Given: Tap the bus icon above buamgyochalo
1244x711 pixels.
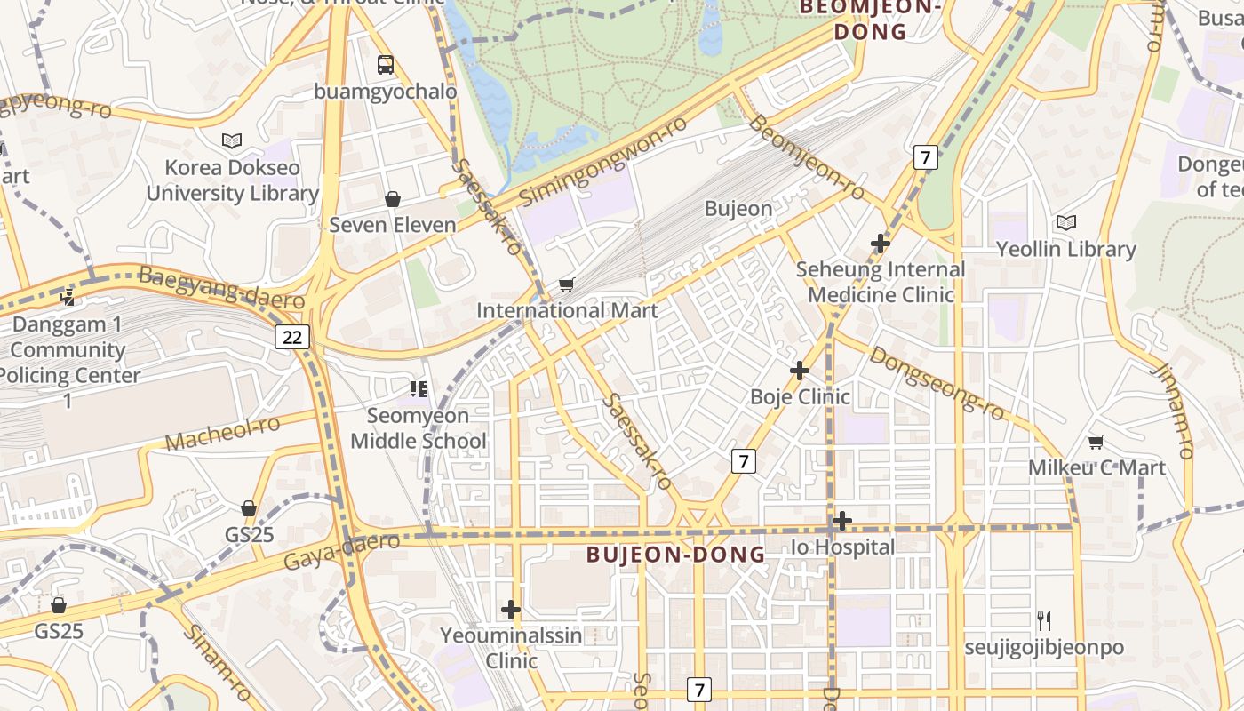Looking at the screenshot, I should point(385,64).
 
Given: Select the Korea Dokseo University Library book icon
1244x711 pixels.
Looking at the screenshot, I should point(232,140).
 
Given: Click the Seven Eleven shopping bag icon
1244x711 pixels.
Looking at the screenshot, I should point(392,199).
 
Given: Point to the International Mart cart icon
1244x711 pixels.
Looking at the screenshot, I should point(566,284).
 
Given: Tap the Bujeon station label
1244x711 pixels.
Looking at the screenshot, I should point(738,209).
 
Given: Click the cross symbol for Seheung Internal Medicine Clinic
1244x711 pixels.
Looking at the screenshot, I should point(880,243).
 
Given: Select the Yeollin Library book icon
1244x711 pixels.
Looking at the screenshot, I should point(1065,223).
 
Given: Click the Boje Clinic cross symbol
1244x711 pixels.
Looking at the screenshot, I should point(800,370).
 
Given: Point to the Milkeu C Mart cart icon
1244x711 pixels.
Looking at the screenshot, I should point(1096,442).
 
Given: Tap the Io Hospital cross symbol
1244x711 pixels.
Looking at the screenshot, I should point(842,521).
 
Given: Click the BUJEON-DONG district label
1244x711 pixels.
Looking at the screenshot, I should point(675,555).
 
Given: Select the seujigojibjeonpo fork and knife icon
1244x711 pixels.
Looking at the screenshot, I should point(1044,620).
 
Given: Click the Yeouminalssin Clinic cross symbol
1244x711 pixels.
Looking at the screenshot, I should point(511,610).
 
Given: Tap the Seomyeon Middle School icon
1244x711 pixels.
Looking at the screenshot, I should point(418,388).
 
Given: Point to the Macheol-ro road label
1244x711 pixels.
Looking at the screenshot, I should point(222,433).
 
